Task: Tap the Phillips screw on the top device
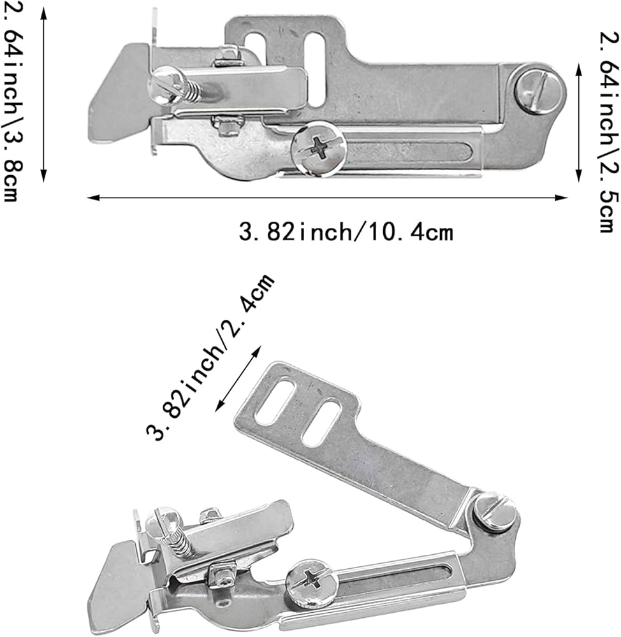click(319, 148)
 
